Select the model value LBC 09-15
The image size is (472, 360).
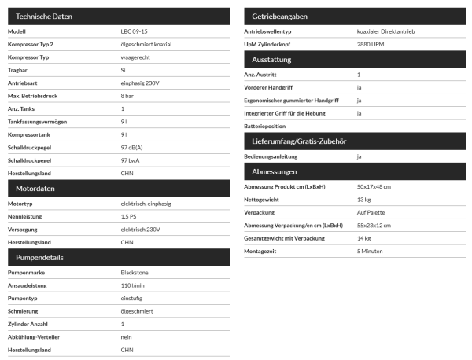(x=135, y=31)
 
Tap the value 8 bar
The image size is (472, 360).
(x=127, y=95)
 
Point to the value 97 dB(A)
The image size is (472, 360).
(x=131, y=146)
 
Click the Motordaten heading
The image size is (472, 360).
(x=36, y=189)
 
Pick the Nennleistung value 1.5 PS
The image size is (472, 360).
(x=129, y=216)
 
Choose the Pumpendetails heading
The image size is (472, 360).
(x=40, y=257)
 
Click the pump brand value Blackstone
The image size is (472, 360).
(x=135, y=273)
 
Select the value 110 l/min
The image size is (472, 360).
(x=132, y=285)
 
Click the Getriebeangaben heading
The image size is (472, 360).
(x=280, y=16)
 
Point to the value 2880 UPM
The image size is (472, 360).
(x=371, y=45)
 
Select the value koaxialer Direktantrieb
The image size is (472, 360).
(x=391, y=31)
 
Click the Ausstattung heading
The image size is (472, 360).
(x=271, y=60)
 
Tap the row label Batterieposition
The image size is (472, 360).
(x=265, y=126)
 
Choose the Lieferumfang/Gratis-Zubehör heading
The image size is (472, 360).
(x=299, y=141)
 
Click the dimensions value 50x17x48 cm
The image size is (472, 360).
(x=374, y=186)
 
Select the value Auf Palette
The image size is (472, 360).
(x=370, y=212)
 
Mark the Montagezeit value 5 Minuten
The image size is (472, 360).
(x=370, y=251)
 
